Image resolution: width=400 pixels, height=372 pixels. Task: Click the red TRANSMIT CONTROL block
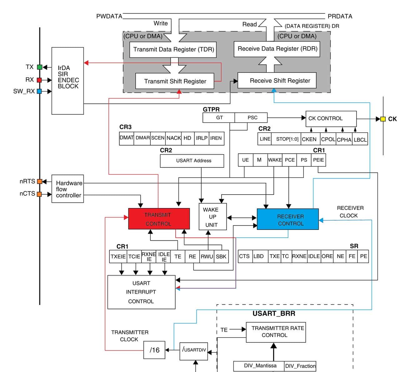(159, 219)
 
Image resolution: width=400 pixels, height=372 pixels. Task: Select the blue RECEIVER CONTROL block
(287, 219)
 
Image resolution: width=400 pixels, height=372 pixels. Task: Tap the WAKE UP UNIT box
(212, 217)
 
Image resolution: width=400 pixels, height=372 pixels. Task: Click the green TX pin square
(39, 67)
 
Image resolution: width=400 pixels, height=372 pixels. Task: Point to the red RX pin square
(39, 80)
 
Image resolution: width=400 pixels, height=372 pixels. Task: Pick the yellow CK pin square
(383, 119)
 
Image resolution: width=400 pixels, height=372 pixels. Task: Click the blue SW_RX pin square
(39, 91)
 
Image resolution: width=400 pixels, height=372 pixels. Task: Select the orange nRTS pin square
(39, 181)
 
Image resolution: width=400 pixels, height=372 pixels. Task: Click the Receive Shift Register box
(277, 81)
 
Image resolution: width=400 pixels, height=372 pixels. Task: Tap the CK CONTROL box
(331, 119)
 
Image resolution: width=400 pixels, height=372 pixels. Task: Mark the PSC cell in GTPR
(252, 118)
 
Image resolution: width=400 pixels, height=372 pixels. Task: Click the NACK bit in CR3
(173, 138)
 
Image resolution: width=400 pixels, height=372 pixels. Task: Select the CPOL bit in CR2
(328, 139)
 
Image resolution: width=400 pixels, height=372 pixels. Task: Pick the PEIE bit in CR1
(318, 160)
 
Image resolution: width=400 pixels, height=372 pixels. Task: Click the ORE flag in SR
(327, 256)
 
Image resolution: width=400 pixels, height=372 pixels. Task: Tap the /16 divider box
(154, 350)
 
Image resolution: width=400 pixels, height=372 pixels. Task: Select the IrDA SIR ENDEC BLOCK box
(67, 81)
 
